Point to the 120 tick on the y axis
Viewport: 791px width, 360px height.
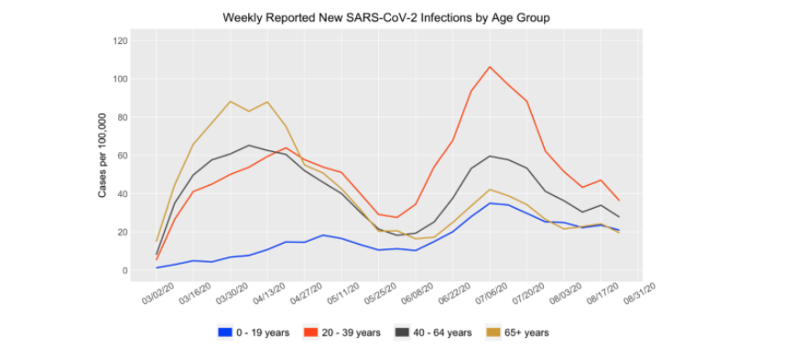[120, 40]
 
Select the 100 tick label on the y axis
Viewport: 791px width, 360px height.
[120, 79]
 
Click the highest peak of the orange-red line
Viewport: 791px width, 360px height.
[490, 67]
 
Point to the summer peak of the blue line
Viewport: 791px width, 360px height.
[490, 203]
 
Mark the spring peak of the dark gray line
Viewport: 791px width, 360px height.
[248, 145]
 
